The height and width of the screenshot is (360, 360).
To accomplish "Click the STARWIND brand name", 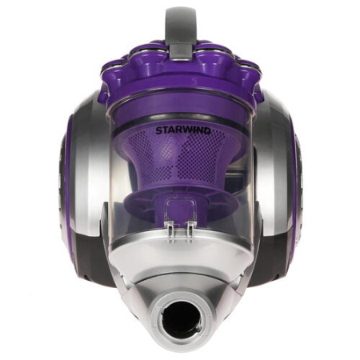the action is click(183, 130).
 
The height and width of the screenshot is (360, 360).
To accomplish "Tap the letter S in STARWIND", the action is click(158, 131).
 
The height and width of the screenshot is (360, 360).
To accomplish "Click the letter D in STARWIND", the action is click(207, 130).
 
